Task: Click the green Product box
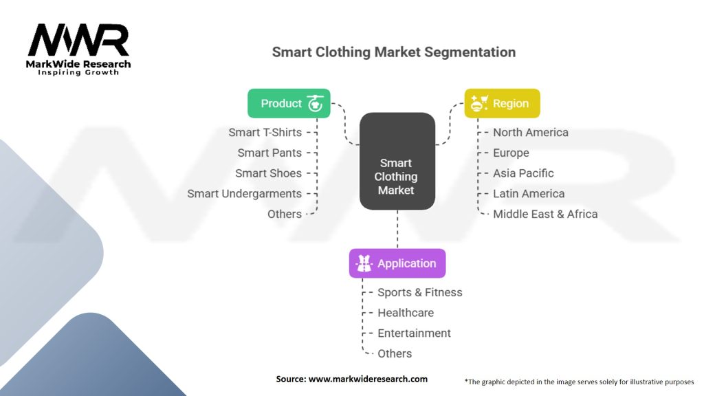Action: (x=289, y=103)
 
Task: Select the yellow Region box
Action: (x=503, y=103)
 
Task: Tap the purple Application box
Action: (x=397, y=263)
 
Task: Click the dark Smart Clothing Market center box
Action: (x=397, y=176)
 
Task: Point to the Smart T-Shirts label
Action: (x=265, y=132)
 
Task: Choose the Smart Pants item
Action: (x=269, y=153)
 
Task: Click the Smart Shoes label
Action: (x=268, y=173)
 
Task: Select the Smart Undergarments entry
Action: (x=244, y=193)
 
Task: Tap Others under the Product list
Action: (x=285, y=214)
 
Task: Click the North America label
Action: (x=531, y=132)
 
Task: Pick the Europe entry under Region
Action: (x=511, y=153)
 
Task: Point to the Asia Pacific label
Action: (x=523, y=173)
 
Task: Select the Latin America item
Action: (x=529, y=193)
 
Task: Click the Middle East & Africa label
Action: (x=545, y=214)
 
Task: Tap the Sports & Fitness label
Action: (x=419, y=292)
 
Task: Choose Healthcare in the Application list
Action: (x=406, y=313)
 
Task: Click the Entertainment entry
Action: (x=414, y=333)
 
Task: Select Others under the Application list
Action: (x=395, y=353)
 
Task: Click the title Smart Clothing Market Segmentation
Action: (x=393, y=52)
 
